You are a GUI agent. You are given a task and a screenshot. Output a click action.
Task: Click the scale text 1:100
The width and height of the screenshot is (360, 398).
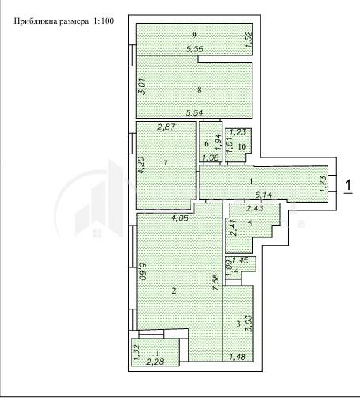click(104, 21)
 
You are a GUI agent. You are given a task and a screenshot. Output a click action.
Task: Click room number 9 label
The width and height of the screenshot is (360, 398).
click(195, 35)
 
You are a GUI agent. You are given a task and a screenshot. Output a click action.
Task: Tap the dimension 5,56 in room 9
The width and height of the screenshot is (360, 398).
click(195, 49)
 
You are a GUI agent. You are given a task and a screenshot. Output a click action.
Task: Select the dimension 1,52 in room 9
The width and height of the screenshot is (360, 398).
click(249, 40)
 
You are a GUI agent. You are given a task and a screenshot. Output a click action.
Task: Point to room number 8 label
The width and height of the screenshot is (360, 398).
click(199, 89)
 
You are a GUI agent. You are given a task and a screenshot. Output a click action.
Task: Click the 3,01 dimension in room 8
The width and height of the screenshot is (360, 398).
click(142, 87)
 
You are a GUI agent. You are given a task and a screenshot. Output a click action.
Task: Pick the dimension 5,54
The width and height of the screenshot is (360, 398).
click(195, 113)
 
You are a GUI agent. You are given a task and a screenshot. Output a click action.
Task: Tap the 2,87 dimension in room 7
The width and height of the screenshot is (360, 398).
click(166, 127)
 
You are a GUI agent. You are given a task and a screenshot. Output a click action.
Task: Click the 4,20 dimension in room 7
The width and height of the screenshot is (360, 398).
click(142, 165)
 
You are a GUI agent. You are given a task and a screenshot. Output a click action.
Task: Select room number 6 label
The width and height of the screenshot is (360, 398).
click(207, 143)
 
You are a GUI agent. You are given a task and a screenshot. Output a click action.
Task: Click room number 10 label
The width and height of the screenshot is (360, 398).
click(242, 146)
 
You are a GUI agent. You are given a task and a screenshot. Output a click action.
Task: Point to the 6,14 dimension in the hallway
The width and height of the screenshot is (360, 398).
click(263, 195)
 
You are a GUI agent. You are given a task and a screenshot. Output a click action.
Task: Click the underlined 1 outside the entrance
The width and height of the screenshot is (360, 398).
click(348, 185)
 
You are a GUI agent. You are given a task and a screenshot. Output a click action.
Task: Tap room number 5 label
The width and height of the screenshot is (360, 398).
click(250, 223)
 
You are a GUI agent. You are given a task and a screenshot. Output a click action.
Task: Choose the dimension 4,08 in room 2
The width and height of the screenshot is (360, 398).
click(180, 218)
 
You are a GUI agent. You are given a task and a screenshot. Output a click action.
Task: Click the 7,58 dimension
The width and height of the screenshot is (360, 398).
click(216, 282)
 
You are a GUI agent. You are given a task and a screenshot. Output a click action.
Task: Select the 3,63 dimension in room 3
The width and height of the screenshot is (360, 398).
click(249, 323)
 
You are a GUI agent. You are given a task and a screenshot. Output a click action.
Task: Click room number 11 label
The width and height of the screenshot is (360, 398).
click(156, 353)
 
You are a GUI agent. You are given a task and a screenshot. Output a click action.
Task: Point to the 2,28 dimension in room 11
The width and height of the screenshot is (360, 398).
click(155, 362)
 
